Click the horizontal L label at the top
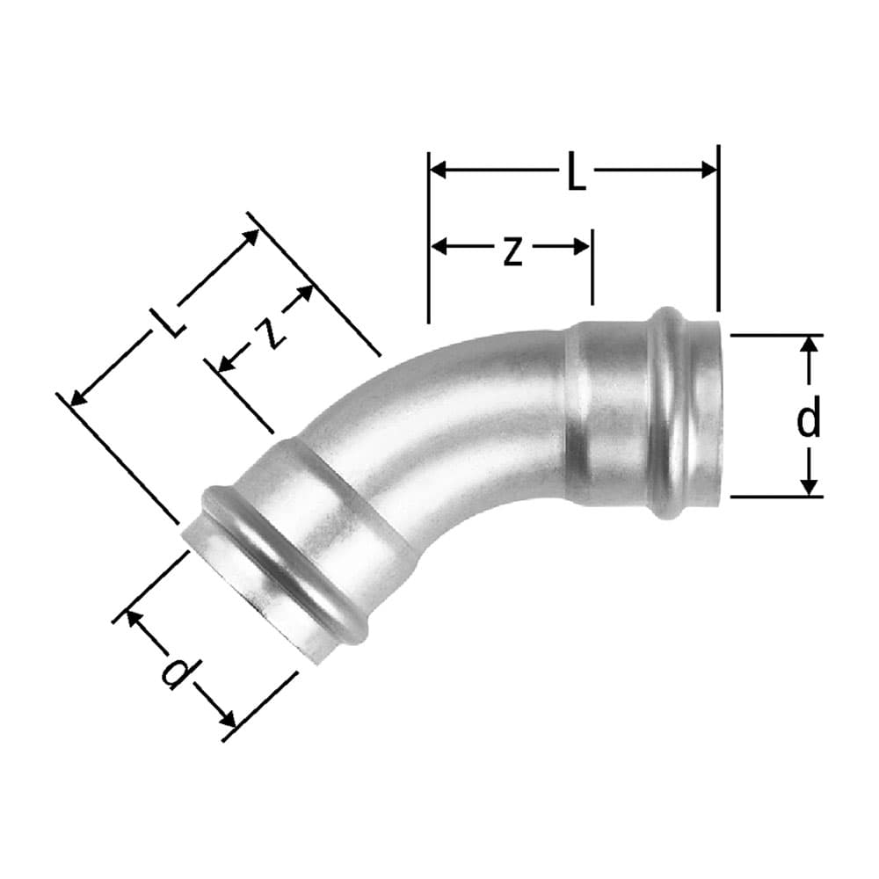[577, 171]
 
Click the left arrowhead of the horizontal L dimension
[438, 170]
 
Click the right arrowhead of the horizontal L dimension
[709, 170]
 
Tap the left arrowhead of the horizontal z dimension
[439, 246]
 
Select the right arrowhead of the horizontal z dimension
[581, 246]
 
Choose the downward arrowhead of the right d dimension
[809, 488]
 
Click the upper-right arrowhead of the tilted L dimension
[251, 237]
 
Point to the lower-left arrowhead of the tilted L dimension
[78, 396]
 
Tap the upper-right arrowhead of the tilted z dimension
[304, 294]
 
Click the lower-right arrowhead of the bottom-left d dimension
[227, 718]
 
